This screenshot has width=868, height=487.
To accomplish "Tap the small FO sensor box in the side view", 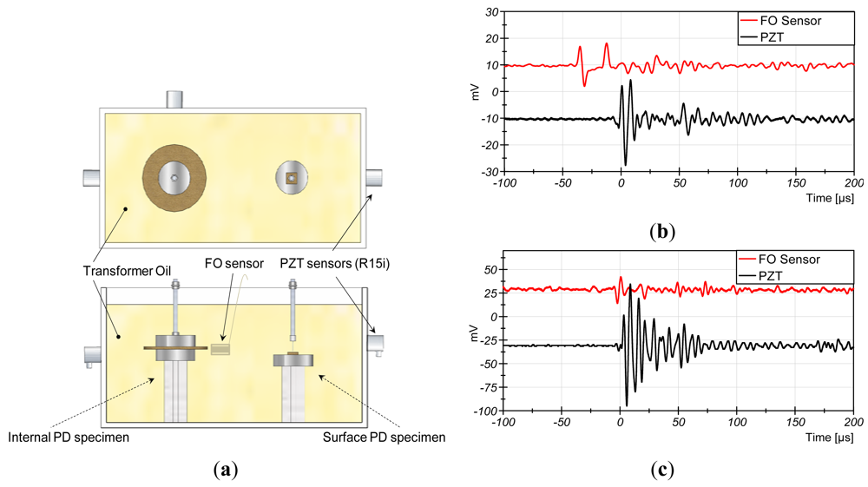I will [221, 349].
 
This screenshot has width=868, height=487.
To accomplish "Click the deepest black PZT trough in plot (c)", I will [627, 405].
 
